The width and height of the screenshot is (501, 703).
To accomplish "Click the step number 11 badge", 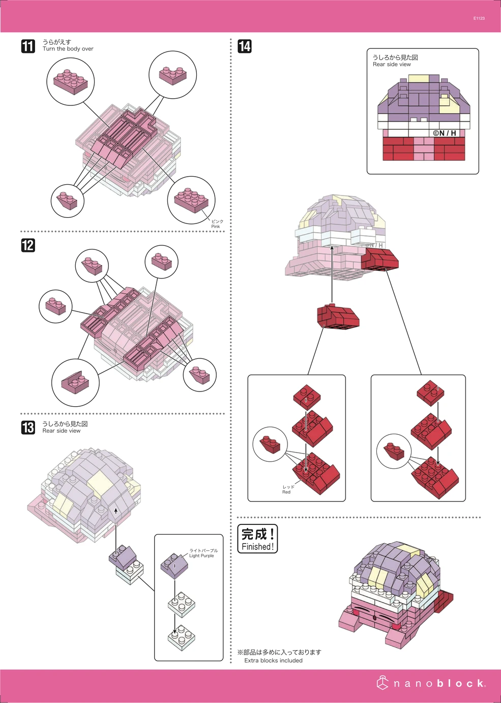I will click(x=28, y=46).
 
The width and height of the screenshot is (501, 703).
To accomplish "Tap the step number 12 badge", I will click(x=28, y=245).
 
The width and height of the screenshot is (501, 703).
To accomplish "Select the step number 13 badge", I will click(x=28, y=428).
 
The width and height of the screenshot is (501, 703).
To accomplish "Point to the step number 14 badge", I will click(x=245, y=46).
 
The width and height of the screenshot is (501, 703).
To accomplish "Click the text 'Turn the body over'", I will click(x=68, y=49).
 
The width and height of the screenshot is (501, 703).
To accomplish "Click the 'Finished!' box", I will click(x=257, y=539).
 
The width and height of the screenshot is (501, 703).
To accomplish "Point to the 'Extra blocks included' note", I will click(x=273, y=660).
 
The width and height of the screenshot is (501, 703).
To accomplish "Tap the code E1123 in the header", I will click(x=479, y=18).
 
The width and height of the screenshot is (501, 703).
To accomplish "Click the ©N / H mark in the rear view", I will click(x=444, y=133).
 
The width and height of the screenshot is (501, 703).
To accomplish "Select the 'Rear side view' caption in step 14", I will click(x=392, y=65).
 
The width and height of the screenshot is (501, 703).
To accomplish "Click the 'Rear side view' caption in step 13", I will click(x=62, y=431).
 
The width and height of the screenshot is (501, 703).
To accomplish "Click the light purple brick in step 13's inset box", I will click(x=174, y=566).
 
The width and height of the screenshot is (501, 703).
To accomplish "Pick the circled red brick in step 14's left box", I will click(x=270, y=444).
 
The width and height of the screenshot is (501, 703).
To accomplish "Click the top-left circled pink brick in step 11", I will click(x=70, y=82).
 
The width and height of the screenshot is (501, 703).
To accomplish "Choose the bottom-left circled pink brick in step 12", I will click(x=75, y=383).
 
